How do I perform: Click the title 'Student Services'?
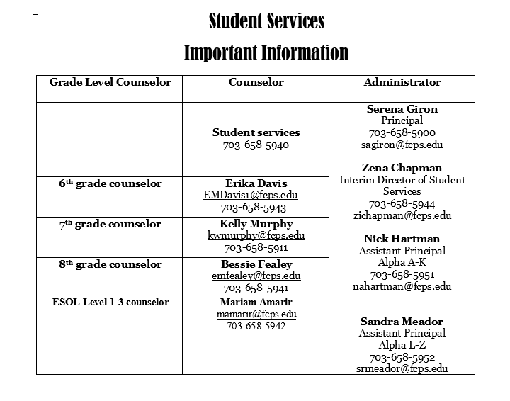point(266,21)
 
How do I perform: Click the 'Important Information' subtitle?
point(266,52)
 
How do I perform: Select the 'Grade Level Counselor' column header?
point(110,82)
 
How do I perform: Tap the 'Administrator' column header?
point(402,82)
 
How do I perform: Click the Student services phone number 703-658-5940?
point(256,145)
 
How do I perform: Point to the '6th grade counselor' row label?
point(110,183)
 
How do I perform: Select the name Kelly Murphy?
point(256,224)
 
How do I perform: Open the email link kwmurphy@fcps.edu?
point(256,236)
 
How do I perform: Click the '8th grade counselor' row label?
point(110,264)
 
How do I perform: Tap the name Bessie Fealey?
point(256,264)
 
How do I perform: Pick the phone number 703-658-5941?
point(256,288)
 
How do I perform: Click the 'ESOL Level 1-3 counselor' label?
point(110,303)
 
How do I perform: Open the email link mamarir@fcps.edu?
point(256,314)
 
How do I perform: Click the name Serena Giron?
point(402,109)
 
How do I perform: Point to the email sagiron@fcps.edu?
point(402,145)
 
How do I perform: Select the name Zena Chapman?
point(402,168)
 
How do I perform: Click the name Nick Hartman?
point(402,239)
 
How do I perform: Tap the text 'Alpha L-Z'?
point(402,345)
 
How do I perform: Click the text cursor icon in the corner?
point(35,9)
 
